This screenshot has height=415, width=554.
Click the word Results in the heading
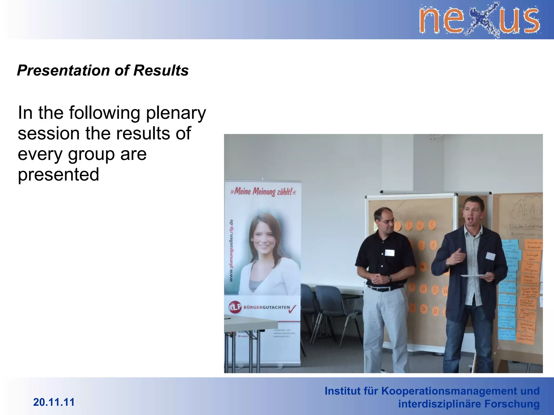[161, 71]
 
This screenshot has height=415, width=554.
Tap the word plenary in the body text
[176, 113]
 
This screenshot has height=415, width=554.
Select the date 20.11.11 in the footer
[54, 402]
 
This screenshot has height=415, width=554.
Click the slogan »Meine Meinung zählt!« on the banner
[263, 192]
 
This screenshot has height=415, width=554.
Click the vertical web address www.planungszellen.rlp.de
[231, 250]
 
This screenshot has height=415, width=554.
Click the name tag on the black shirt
[390, 253]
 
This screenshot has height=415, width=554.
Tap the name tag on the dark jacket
[490, 256]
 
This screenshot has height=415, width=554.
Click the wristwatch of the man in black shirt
[390, 278]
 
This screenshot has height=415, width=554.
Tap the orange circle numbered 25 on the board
[435, 311]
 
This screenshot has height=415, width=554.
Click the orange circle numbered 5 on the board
[432, 225]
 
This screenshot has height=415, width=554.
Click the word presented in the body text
[58, 175]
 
